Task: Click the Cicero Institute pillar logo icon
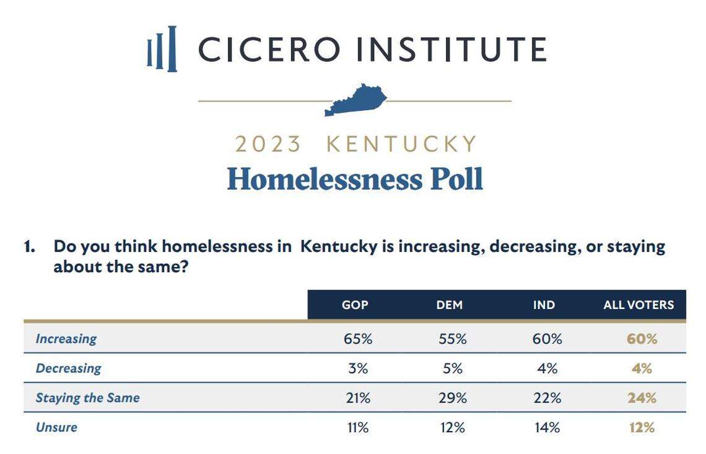pos(162,49)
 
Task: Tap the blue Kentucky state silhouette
pos(355,100)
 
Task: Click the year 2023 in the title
pos(268,144)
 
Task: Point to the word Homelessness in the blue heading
pos(323,179)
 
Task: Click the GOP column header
pos(355,305)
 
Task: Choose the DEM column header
pos(450,305)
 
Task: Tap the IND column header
pos(544,305)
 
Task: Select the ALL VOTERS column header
pos(638,305)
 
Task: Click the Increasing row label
pos(66,339)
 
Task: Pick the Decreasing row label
pos(68,368)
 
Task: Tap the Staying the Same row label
pos(87,398)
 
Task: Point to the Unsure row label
pos(56,427)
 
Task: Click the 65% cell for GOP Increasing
pos(358,339)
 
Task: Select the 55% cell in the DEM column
pos(452,339)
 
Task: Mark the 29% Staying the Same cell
pos(452,398)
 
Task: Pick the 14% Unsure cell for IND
pos(546,427)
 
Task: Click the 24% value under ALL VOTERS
pos(642,398)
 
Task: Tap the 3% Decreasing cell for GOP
pos(358,369)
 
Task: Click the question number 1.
pos(28,247)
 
